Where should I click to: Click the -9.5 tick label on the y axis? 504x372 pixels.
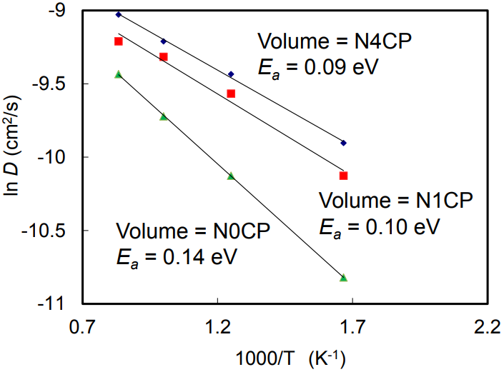pyautogui.click(x=51, y=84)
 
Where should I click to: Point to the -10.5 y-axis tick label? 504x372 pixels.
pyautogui.click(x=47, y=231)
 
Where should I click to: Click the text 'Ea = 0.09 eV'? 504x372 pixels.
pyautogui.click(x=317, y=66)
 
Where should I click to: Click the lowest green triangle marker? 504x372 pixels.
pyautogui.click(x=344, y=278)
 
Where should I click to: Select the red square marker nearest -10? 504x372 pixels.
pyautogui.click(x=344, y=176)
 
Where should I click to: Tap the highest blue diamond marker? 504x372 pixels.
pyautogui.click(x=119, y=14)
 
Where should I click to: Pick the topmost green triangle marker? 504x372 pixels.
pyautogui.click(x=119, y=74)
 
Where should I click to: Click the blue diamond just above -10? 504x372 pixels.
pyautogui.click(x=344, y=143)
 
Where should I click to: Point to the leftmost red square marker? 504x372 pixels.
pyautogui.click(x=119, y=41)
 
